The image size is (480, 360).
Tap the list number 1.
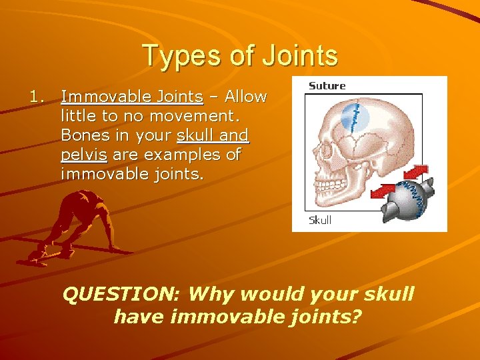point(37,97)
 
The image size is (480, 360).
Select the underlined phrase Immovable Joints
point(132,97)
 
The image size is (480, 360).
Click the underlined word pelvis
point(83,155)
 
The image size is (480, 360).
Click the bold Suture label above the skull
point(327,86)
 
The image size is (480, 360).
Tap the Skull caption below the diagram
point(320,220)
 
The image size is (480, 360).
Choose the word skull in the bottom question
point(386,294)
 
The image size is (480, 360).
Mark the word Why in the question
point(212,294)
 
